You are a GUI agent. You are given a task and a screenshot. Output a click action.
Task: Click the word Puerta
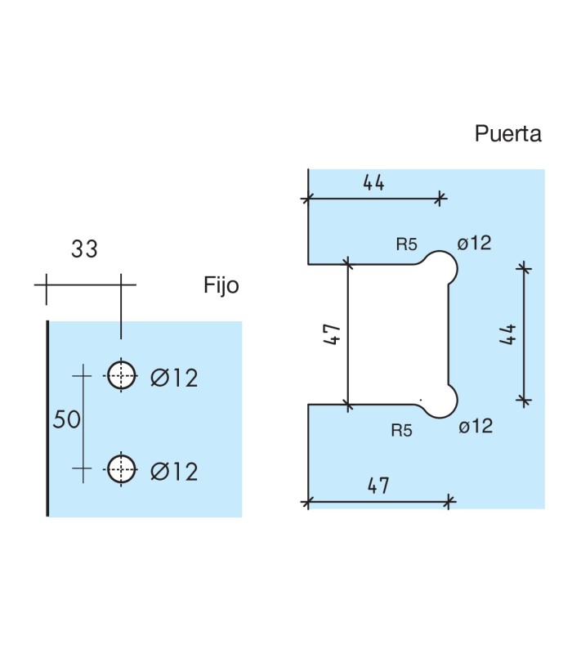pyautogui.click(x=507, y=134)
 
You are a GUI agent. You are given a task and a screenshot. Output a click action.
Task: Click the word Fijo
pyautogui.click(x=221, y=285)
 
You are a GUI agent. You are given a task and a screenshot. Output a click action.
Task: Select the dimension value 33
pyautogui.click(x=84, y=249)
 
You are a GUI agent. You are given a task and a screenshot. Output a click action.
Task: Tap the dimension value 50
pyautogui.click(x=67, y=420)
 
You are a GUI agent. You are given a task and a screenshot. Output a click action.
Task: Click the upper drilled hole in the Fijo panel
pyautogui.click(x=122, y=375)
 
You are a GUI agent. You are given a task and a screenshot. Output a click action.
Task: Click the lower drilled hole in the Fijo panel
pyautogui.click(x=122, y=468)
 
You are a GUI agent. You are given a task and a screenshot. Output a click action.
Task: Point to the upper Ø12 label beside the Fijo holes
pyautogui.click(x=174, y=378)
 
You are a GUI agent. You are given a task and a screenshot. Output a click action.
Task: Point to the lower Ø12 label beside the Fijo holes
pyautogui.click(x=174, y=472)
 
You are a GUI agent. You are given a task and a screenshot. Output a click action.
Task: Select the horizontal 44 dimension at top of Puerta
pyautogui.click(x=373, y=182)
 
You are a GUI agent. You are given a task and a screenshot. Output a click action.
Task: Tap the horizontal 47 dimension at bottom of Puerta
pyautogui.click(x=377, y=485)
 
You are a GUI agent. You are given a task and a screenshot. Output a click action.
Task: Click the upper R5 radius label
pyautogui.click(x=406, y=244)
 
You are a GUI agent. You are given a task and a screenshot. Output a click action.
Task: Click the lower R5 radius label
pyautogui.click(x=401, y=430)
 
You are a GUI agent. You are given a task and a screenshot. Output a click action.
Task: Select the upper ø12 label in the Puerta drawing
pyautogui.click(x=475, y=243)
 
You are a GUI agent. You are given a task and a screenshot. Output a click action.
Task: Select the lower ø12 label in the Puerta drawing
pyautogui.click(x=475, y=426)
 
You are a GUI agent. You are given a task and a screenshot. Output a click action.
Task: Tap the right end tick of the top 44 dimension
pyautogui.click(x=441, y=197)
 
